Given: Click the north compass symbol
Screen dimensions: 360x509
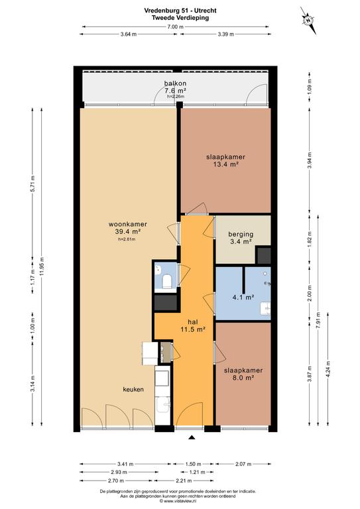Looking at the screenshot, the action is [308, 20].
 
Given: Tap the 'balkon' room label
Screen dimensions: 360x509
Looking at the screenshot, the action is [175, 84].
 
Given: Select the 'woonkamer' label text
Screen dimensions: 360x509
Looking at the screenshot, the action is [127, 224].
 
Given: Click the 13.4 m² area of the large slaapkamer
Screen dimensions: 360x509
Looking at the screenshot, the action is [225, 164].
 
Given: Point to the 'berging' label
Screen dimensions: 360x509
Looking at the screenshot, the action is [241, 234].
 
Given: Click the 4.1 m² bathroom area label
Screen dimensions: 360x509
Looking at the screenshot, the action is [243, 297].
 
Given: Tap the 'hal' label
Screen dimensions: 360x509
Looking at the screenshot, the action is [193, 321].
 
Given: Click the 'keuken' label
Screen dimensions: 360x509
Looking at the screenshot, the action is [133, 389].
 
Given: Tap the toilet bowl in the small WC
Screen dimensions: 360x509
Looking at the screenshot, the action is [167, 281].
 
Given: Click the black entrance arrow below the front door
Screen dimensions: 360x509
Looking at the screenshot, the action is [192, 437].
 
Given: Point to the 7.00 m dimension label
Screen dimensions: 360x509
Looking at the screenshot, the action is [175, 27].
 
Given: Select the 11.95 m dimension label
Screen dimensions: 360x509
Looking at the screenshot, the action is [42, 266].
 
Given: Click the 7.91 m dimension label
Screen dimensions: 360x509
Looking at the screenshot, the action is [318, 320].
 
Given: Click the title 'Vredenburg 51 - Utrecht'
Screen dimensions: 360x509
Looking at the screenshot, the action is [180, 11].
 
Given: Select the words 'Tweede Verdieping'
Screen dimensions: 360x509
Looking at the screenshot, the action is [180, 18].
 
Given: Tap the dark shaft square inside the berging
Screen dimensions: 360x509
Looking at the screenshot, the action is [263, 255].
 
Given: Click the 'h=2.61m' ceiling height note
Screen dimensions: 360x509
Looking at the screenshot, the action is [127, 239].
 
